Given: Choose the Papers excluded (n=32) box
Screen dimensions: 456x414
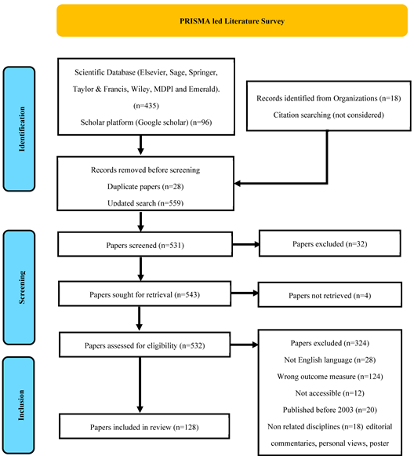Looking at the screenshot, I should coord(324,244).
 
